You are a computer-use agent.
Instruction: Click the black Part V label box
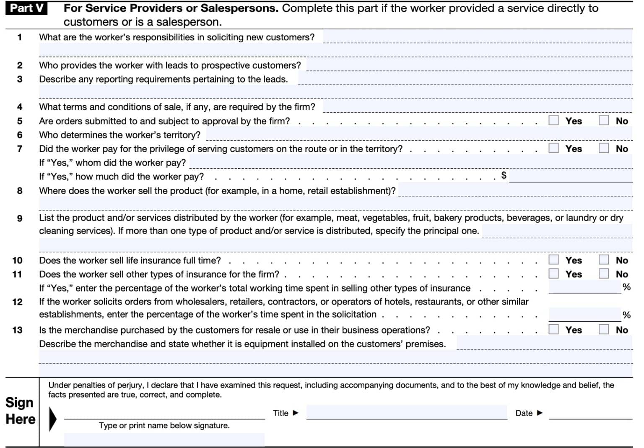(x=26, y=8)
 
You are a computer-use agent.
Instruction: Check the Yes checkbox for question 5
(x=553, y=120)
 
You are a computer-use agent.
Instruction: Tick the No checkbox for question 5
(x=603, y=120)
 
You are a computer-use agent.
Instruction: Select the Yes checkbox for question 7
(x=553, y=148)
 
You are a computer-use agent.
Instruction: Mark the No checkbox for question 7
(x=603, y=148)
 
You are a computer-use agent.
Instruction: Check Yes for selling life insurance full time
(x=553, y=260)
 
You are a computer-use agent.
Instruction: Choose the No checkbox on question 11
(x=603, y=273)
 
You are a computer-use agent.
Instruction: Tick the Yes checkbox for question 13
(x=553, y=329)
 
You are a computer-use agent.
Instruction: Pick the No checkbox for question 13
(x=603, y=329)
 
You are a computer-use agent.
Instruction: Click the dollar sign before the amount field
(x=504, y=175)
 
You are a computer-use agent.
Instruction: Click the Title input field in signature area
(x=406, y=412)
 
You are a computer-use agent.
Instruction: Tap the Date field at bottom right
(x=590, y=413)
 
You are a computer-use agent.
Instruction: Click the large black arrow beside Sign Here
(x=52, y=419)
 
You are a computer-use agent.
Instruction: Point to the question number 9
(x=20, y=218)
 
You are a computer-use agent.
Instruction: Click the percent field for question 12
(x=584, y=315)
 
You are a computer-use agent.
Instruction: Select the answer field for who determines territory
(x=419, y=135)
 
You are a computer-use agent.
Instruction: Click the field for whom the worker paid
(x=410, y=162)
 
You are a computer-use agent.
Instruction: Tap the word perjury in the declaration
(x=130, y=385)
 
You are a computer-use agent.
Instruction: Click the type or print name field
(x=164, y=439)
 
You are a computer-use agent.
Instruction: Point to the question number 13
(x=17, y=330)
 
